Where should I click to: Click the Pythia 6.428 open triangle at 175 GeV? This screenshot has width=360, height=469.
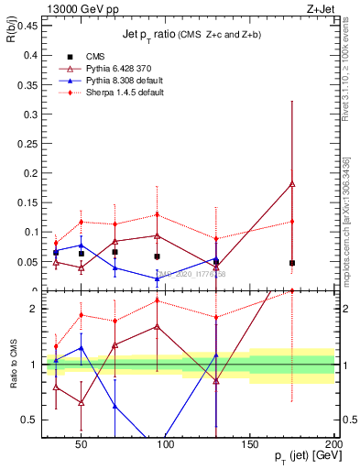point(292,184)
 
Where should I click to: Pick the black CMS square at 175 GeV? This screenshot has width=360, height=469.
point(292,263)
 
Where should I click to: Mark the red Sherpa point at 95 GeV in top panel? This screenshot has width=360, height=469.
point(158,215)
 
